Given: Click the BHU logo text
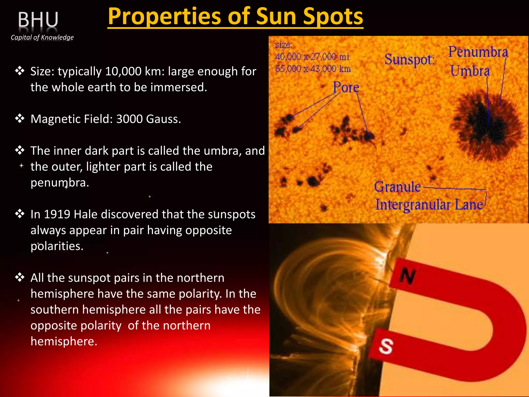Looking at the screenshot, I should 38,20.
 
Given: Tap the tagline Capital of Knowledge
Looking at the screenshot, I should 42,37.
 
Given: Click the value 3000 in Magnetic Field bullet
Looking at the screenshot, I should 129,119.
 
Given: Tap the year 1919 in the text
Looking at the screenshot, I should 57,214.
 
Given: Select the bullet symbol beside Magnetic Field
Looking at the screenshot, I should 20,119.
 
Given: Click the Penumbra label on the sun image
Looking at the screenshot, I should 478,52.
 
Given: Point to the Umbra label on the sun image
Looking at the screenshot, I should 470,71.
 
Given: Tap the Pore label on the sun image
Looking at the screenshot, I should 346,87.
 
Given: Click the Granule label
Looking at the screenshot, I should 397,187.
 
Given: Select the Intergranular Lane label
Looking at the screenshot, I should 429,205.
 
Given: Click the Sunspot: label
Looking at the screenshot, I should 409,60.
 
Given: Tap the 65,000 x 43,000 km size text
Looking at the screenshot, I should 313,69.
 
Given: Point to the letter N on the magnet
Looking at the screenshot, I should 408,276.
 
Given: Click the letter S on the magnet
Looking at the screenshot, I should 386,346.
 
